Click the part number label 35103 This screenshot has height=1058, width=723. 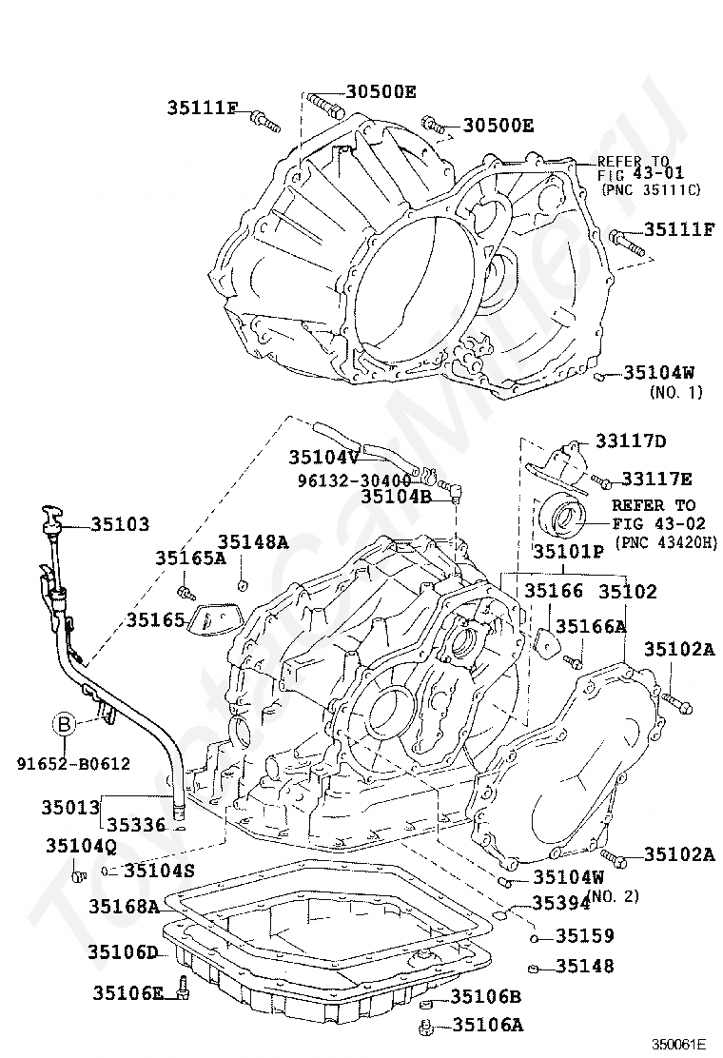[x=120, y=524]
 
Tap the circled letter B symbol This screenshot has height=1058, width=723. [x=64, y=726]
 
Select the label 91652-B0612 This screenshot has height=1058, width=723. [x=73, y=764]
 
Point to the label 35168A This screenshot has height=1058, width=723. [x=124, y=906]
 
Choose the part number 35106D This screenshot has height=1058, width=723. [x=123, y=952]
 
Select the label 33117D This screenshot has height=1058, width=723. [x=631, y=441]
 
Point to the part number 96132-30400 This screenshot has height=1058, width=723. [x=354, y=480]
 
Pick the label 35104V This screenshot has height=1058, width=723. [x=323, y=457]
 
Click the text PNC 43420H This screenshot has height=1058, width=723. [x=666, y=541]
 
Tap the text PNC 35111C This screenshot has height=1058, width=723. [x=650, y=189]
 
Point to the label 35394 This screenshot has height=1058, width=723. [x=560, y=903]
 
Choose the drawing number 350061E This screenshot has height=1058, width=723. [x=679, y=1043]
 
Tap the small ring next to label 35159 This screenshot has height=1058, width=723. [x=533, y=938]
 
